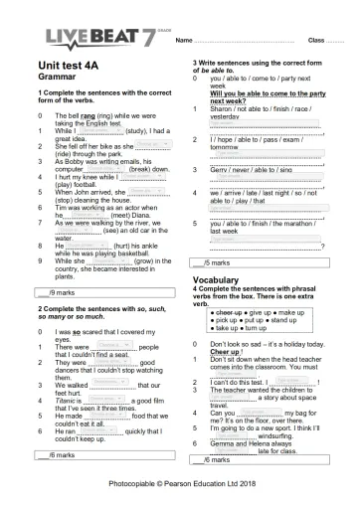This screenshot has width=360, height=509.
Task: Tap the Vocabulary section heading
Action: coord(214,282)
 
